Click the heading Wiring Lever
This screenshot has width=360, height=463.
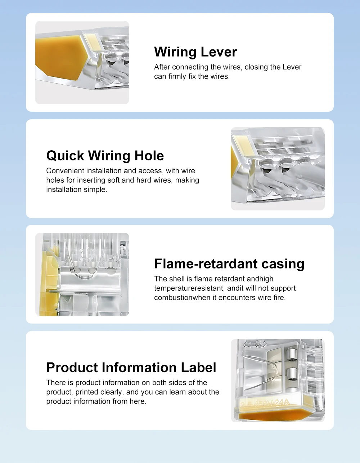coord(195,52)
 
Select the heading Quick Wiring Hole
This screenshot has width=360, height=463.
coord(105,156)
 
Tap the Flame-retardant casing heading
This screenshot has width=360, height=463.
coord(229,263)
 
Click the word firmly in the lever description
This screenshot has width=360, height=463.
coord(177,76)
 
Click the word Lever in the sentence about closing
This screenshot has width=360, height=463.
coord(292,67)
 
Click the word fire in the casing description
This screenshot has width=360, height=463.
coord(279,298)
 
